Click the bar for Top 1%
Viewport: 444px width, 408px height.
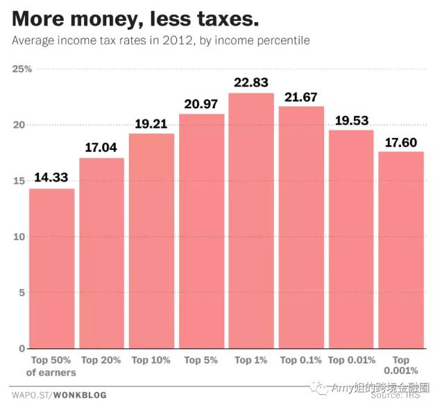pos(251,221)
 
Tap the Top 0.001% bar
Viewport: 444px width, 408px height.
pos(400,250)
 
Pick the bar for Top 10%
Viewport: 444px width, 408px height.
pos(151,240)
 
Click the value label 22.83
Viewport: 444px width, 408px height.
pos(251,83)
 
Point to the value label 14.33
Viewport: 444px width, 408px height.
pos(51,178)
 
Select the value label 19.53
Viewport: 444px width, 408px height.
pos(351,120)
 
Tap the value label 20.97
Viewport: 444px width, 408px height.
pos(201,103)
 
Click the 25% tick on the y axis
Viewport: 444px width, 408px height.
pos(23,69)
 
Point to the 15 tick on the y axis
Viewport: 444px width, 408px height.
pos(19,181)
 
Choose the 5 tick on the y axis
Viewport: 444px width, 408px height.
pos(22,293)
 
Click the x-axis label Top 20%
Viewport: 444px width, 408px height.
pos(101,360)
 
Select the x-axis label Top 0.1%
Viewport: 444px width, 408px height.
pos(301,360)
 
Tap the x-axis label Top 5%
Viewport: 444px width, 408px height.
pos(201,360)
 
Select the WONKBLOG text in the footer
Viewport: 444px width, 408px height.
pos(82,396)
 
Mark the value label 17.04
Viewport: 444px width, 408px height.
pos(101,147)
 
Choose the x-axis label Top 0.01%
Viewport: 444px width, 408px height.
pos(351,360)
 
